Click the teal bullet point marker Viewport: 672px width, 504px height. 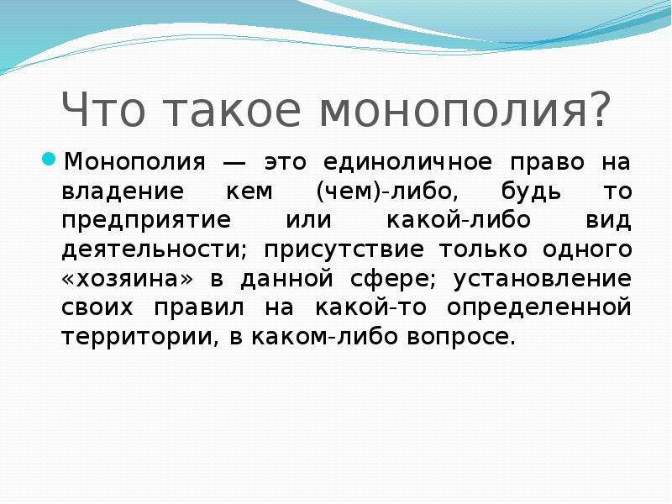pyautogui.click(x=49, y=160)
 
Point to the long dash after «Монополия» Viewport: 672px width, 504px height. pyautogui.click(x=234, y=162)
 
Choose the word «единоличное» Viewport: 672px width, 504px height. pyautogui.click(x=407, y=162)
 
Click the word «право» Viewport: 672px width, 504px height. pyautogui.click(x=548, y=164)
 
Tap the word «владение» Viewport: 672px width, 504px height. pyautogui.click(x=123, y=192)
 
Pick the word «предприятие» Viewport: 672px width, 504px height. pyautogui.click(x=146, y=222)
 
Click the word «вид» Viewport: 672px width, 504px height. pyautogui.click(x=608, y=220)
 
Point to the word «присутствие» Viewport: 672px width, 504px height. pyautogui.click(x=344, y=250)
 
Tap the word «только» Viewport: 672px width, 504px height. pyautogui.click(x=483, y=250)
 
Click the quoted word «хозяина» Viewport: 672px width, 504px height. pyautogui.click(x=128, y=280)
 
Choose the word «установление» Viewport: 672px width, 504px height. pyautogui.click(x=543, y=280)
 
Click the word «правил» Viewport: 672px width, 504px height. pyautogui.click(x=199, y=308)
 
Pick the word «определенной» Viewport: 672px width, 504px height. pyautogui.click(x=539, y=308)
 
